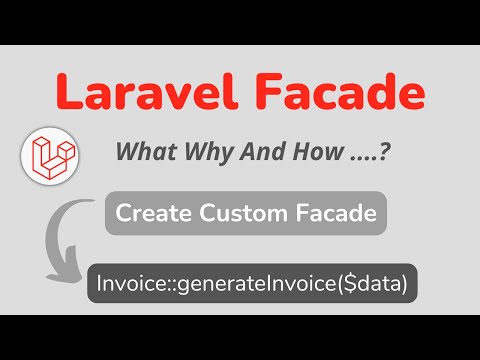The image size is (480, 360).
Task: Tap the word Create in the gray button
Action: click(148, 213)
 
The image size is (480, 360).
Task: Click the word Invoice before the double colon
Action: click(128, 285)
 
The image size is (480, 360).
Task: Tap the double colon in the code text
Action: click(163, 286)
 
